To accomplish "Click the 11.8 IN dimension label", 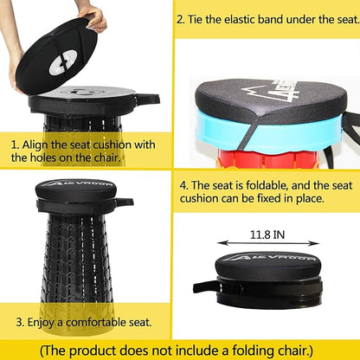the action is click(x=267, y=235).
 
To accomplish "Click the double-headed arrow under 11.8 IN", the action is click(x=268, y=243).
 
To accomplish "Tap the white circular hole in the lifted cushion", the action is click(x=63, y=61).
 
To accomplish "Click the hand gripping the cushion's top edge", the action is click(x=93, y=17).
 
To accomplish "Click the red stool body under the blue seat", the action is click(x=266, y=158).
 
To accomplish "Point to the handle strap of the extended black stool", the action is click(x=125, y=202).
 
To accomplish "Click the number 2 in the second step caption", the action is click(x=180, y=20).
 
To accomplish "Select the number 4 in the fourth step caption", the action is click(x=183, y=185).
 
